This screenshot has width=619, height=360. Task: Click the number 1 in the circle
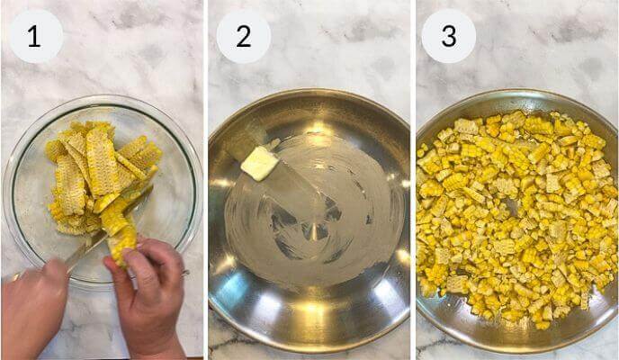tap(34, 36)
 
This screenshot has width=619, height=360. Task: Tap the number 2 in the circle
tap(243, 36)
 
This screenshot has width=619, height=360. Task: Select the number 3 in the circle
tap(448, 36)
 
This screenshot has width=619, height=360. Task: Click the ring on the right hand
tap(184, 272)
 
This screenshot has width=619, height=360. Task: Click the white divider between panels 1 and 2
tap(205, 180)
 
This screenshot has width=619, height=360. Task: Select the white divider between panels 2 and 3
tap(413, 180)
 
